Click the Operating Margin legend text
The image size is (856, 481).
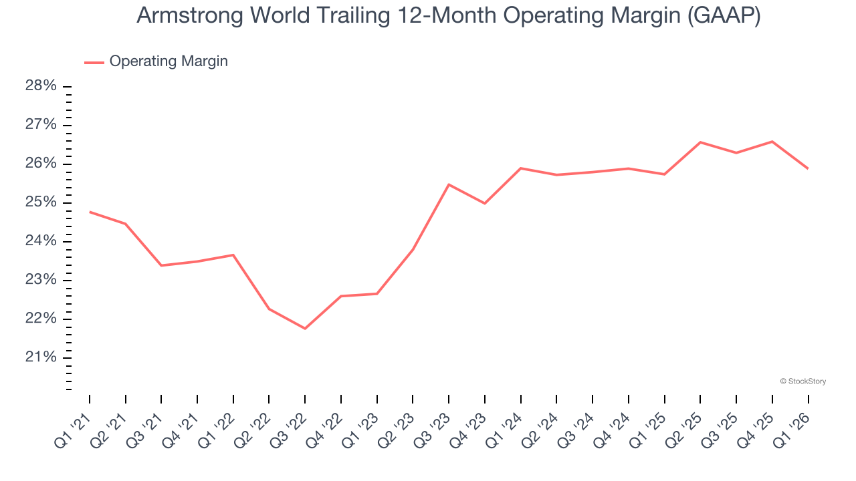[x=169, y=61]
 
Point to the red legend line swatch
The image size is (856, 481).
[x=94, y=62]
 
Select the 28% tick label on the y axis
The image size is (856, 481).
[x=41, y=86]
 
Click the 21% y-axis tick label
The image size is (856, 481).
[x=41, y=357]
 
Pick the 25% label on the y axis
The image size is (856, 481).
[x=41, y=202]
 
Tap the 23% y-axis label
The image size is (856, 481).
[x=41, y=280]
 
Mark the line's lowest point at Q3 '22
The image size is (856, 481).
[x=305, y=328]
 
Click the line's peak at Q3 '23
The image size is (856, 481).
[x=449, y=184]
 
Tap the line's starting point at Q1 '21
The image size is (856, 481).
[x=90, y=212]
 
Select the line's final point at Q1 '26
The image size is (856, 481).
[x=808, y=168]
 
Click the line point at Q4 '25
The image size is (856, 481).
[x=772, y=142]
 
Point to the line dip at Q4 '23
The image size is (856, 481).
[x=484, y=203]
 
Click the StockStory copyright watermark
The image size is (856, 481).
[x=802, y=381]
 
